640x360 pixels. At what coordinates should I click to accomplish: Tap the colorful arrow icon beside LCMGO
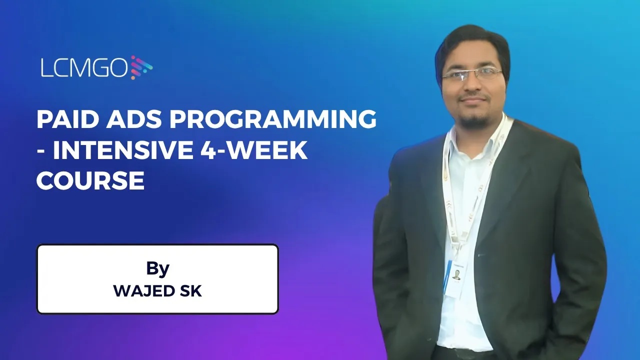point(141,67)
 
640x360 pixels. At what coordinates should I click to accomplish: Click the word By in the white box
point(157,268)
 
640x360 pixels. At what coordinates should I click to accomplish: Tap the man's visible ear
point(506,80)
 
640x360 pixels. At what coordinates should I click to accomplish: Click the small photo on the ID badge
point(456,274)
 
